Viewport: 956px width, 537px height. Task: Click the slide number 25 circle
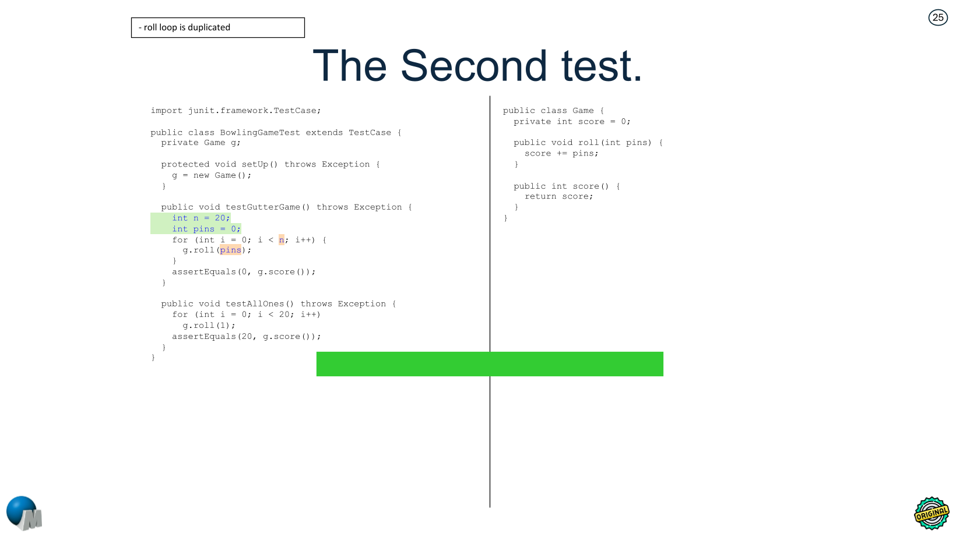938,17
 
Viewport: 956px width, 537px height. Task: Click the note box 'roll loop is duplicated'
217,27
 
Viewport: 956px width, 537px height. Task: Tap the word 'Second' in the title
473,66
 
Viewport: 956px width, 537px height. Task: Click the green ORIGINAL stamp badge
931,513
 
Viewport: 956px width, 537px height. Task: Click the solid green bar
490,364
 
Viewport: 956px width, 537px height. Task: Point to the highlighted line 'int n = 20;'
201,218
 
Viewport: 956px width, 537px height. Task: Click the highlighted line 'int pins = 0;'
206,229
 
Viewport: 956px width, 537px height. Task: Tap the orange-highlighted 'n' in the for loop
282,239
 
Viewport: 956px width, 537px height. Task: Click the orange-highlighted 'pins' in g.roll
230,250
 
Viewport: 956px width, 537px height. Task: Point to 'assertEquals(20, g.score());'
246,337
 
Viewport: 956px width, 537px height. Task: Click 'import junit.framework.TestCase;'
236,111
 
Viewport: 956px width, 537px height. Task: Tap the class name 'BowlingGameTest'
260,133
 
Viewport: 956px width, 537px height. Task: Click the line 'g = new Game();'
212,175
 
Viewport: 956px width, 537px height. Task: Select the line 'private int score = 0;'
571,122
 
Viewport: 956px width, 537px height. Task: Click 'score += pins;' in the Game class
561,154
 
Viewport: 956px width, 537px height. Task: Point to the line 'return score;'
558,197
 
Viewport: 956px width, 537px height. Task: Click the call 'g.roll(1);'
209,326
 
